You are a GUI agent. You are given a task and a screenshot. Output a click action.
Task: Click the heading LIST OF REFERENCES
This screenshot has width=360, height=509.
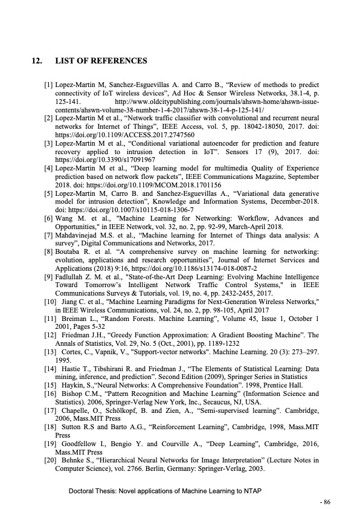click(100, 61)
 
